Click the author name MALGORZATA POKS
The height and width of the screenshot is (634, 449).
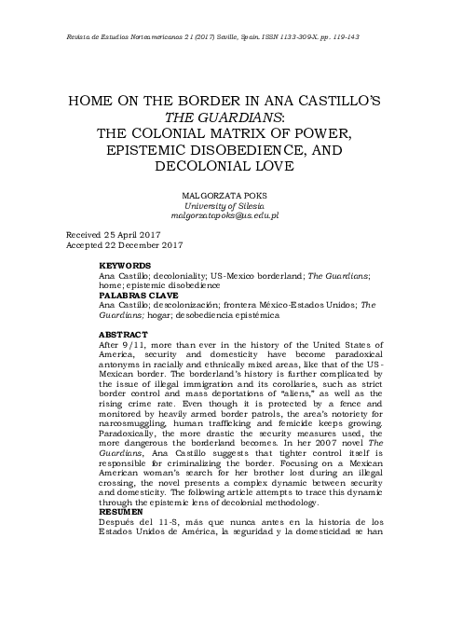point(224,195)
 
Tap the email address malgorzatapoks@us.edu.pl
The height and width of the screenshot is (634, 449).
point(224,214)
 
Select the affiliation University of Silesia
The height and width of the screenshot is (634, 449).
point(224,204)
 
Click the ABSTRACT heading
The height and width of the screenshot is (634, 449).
point(122,333)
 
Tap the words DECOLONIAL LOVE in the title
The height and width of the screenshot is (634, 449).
point(224,166)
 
